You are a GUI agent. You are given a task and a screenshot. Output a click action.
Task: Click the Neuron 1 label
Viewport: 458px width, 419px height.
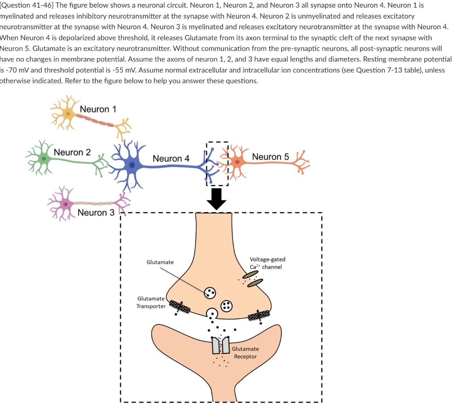coord(98,109)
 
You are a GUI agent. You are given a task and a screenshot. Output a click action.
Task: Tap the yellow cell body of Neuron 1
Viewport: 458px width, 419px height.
coord(68,113)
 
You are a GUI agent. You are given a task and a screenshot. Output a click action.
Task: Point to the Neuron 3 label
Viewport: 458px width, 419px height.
coord(96,213)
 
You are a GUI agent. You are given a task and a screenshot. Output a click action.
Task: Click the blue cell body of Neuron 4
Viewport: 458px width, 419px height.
coord(131,165)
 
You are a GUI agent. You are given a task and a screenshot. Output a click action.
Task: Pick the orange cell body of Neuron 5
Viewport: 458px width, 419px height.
coord(239,163)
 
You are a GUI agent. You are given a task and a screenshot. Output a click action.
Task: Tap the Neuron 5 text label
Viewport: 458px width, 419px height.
coord(270,157)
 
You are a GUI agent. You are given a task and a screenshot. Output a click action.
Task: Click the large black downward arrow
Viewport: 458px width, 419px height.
coord(216,198)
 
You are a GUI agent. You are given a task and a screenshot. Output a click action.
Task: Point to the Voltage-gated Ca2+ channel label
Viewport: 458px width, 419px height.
coord(267,263)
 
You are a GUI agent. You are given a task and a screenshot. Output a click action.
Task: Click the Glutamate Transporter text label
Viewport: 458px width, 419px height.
coord(151,302)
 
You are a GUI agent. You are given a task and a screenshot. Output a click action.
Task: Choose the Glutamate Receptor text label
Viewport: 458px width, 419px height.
coord(245,353)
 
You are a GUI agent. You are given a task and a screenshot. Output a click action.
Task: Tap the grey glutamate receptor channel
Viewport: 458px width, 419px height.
coord(221,345)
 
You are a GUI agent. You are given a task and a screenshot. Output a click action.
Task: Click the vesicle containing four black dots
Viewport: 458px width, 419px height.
coord(226,305)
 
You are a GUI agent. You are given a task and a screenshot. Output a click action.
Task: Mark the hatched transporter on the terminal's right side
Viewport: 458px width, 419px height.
coord(259,315)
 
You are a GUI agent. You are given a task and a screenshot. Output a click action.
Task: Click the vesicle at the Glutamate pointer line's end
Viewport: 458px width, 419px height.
coord(210,293)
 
